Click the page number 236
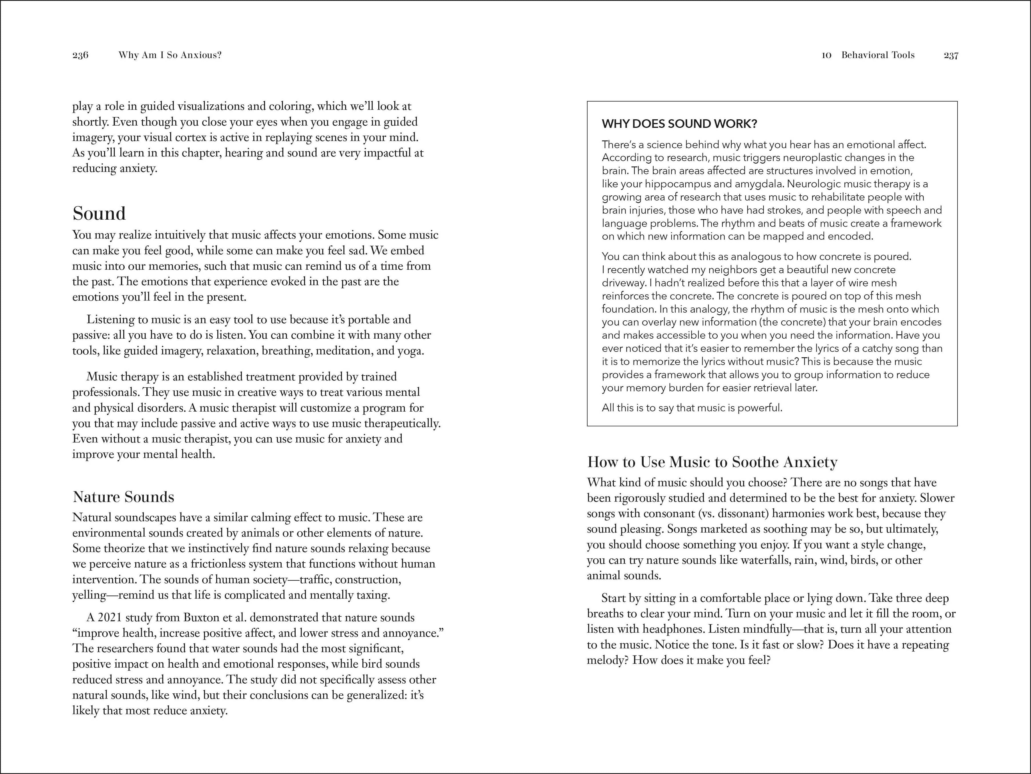tap(80, 55)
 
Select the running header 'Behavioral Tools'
tap(878, 55)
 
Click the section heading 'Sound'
tap(99, 214)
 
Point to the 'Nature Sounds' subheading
tap(124, 497)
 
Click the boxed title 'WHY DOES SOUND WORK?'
tap(679, 124)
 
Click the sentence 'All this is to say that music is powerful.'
tap(692, 408)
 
